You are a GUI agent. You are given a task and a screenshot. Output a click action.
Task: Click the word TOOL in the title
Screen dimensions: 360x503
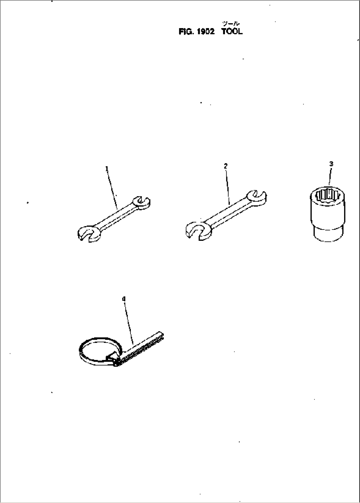pos(232,32)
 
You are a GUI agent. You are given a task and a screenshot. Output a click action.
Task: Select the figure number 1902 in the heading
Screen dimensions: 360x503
pos(205,32)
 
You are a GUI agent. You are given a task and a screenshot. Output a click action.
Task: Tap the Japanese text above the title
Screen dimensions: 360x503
pos(231,23)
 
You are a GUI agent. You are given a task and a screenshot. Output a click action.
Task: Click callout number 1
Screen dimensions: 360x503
pos(107,168)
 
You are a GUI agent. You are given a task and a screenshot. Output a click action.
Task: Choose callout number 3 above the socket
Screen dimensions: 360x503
pos(331,164)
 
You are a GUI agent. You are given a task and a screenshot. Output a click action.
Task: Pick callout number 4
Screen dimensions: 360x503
pos(124,299)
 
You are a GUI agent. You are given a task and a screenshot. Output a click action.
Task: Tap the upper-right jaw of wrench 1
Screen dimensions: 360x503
pos(142,203)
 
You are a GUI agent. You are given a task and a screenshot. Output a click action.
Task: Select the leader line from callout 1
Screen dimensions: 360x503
pos(112,190)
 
